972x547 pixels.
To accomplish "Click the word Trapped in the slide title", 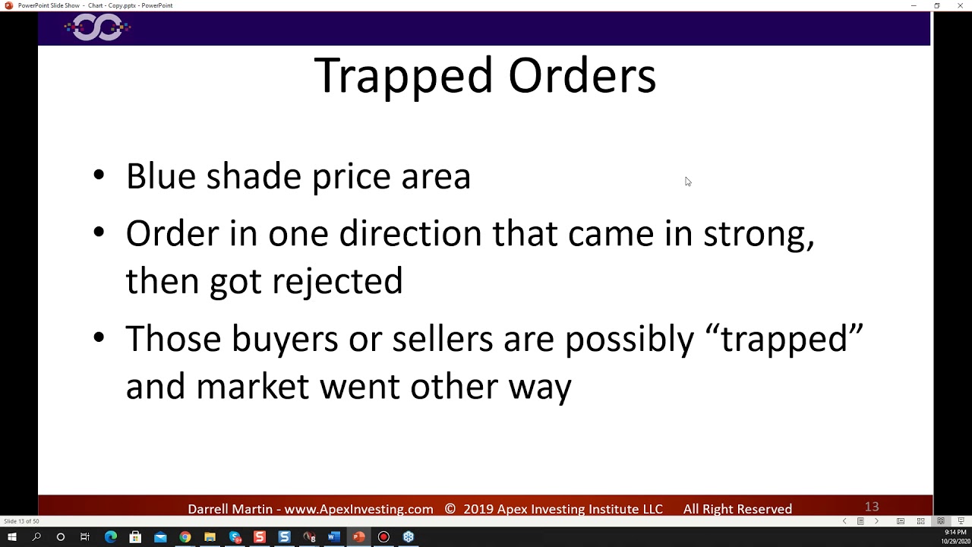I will [404, 76].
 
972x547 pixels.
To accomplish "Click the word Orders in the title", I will [582, 76].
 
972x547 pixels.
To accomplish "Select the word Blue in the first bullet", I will [160, 176].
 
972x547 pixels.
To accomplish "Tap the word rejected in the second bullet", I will [337, 281].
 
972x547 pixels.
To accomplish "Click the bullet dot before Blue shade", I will [99, 175].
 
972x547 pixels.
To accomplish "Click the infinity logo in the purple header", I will [97, 28].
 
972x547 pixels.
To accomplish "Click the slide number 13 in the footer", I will [871, 507].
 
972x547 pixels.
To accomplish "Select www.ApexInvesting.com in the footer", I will [358, 509].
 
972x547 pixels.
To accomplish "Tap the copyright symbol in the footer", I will [450, 509].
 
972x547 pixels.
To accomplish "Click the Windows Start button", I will [11, 537].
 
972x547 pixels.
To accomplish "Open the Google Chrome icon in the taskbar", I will [185, 537].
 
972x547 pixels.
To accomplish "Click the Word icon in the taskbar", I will [333, 537].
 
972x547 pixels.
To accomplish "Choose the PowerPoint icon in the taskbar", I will [358, 537].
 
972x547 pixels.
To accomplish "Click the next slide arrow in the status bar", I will [876, 521].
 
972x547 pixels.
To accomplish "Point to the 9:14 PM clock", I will [955, 533].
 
